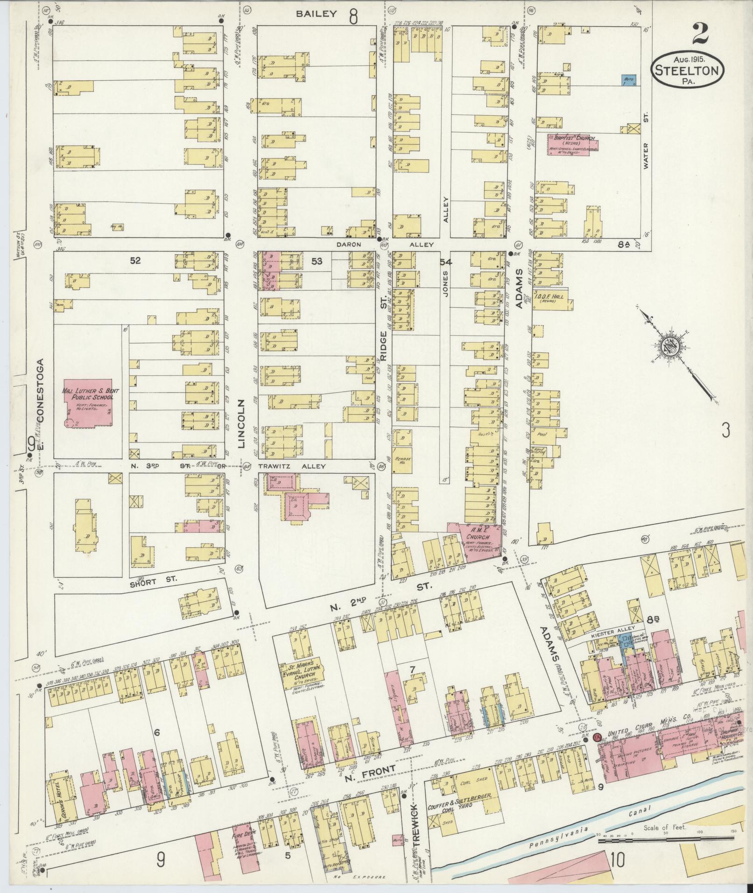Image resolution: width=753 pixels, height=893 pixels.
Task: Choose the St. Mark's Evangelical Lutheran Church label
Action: click(x=302, y=671)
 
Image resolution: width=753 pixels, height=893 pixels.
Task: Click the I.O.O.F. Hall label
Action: click(x=554, y=297)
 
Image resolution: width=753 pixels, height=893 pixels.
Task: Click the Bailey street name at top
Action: click(x=317, y=14)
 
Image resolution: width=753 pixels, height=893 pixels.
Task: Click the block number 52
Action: click(x=135, y=261)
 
